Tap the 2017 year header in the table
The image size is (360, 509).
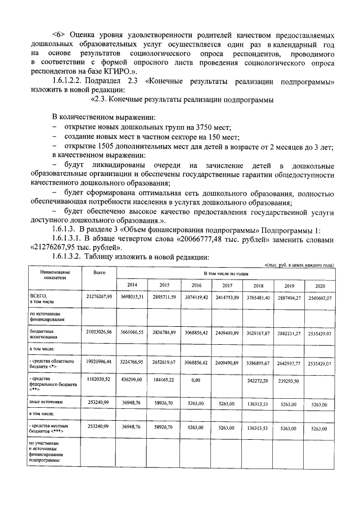point(226,285)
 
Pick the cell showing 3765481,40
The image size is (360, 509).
point(258,296)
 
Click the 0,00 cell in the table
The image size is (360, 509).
point(195,381)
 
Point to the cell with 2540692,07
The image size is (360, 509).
point(321,297)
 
